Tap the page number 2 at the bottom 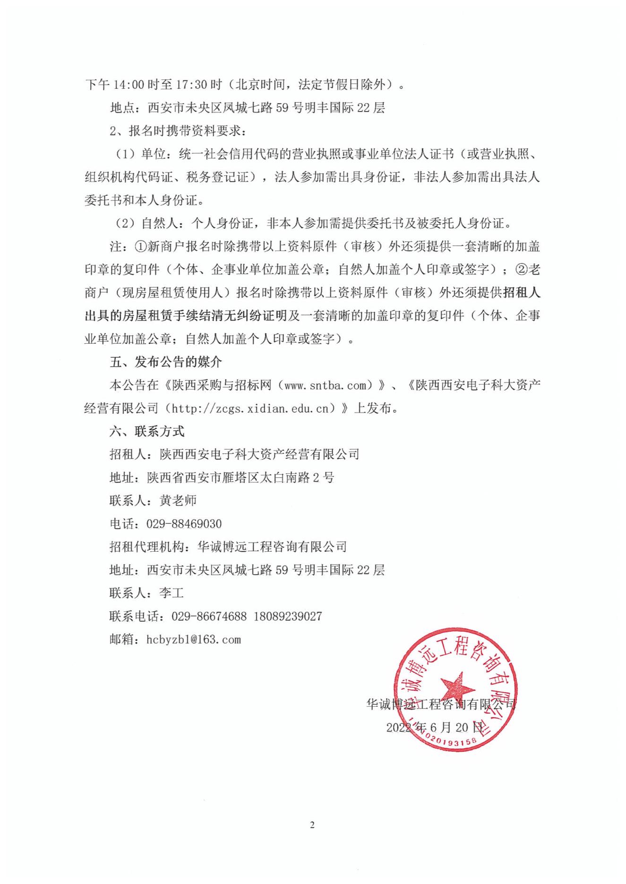[x=312, y=825]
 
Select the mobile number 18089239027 [x=288, y=616]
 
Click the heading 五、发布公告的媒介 [x=166, y=363]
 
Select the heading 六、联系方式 [x=147, y=432]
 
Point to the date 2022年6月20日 [x=435, y=727]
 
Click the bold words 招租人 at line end [x=522, y=293]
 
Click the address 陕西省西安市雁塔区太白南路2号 [x=240, y=477]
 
